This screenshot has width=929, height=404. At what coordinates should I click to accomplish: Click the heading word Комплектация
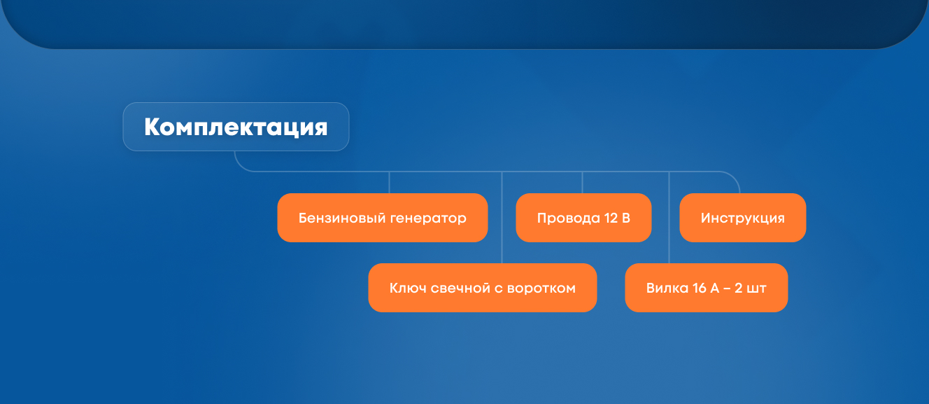coord(236,127)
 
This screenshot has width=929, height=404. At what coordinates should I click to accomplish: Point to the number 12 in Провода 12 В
coord(611,218)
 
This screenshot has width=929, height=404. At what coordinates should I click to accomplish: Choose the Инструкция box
coord(743,218)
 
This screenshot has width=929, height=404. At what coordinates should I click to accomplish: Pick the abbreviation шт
coord(756,288)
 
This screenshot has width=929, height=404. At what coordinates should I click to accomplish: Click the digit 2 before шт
coord(738,288)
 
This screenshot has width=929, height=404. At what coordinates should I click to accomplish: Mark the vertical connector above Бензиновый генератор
coord(389,182)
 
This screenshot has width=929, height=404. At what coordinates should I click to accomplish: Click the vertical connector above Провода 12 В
coord(582,182)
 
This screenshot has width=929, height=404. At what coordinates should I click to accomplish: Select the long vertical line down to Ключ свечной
coord(502,218)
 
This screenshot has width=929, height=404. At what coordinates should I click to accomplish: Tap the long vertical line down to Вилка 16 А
coord(669,218)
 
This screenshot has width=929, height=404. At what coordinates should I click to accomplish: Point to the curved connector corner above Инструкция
coord(734,177)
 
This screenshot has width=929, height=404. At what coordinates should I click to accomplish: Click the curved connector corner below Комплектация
coord(240,165)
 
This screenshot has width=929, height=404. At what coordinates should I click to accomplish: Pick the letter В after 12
coord(626,218)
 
